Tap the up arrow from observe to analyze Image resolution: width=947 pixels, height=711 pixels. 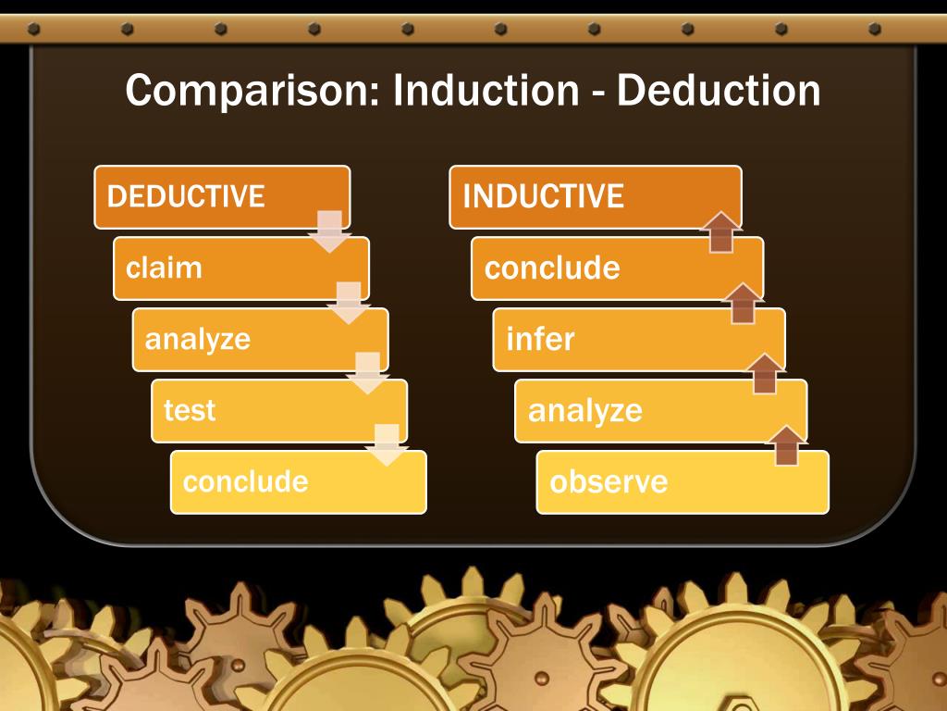tap(786, 445)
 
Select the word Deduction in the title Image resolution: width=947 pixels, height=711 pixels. tap(718, 91)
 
